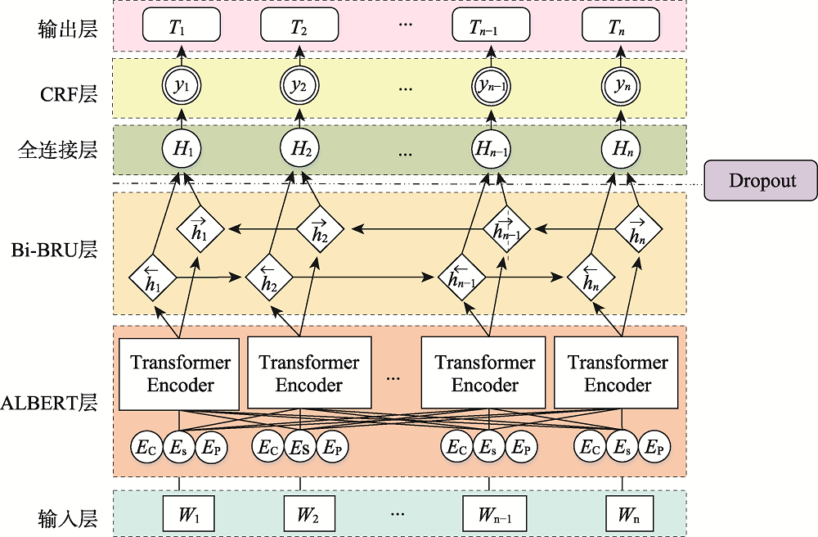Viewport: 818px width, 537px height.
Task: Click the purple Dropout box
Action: (x=762, y=181)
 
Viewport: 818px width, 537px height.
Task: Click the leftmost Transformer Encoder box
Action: (x=181, y=373)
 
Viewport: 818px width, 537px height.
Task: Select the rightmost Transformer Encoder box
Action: (x=618, y=373)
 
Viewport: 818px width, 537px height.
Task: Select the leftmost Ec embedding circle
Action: (x=145, y=447)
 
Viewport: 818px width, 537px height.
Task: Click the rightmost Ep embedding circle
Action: (x=654, y=447)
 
